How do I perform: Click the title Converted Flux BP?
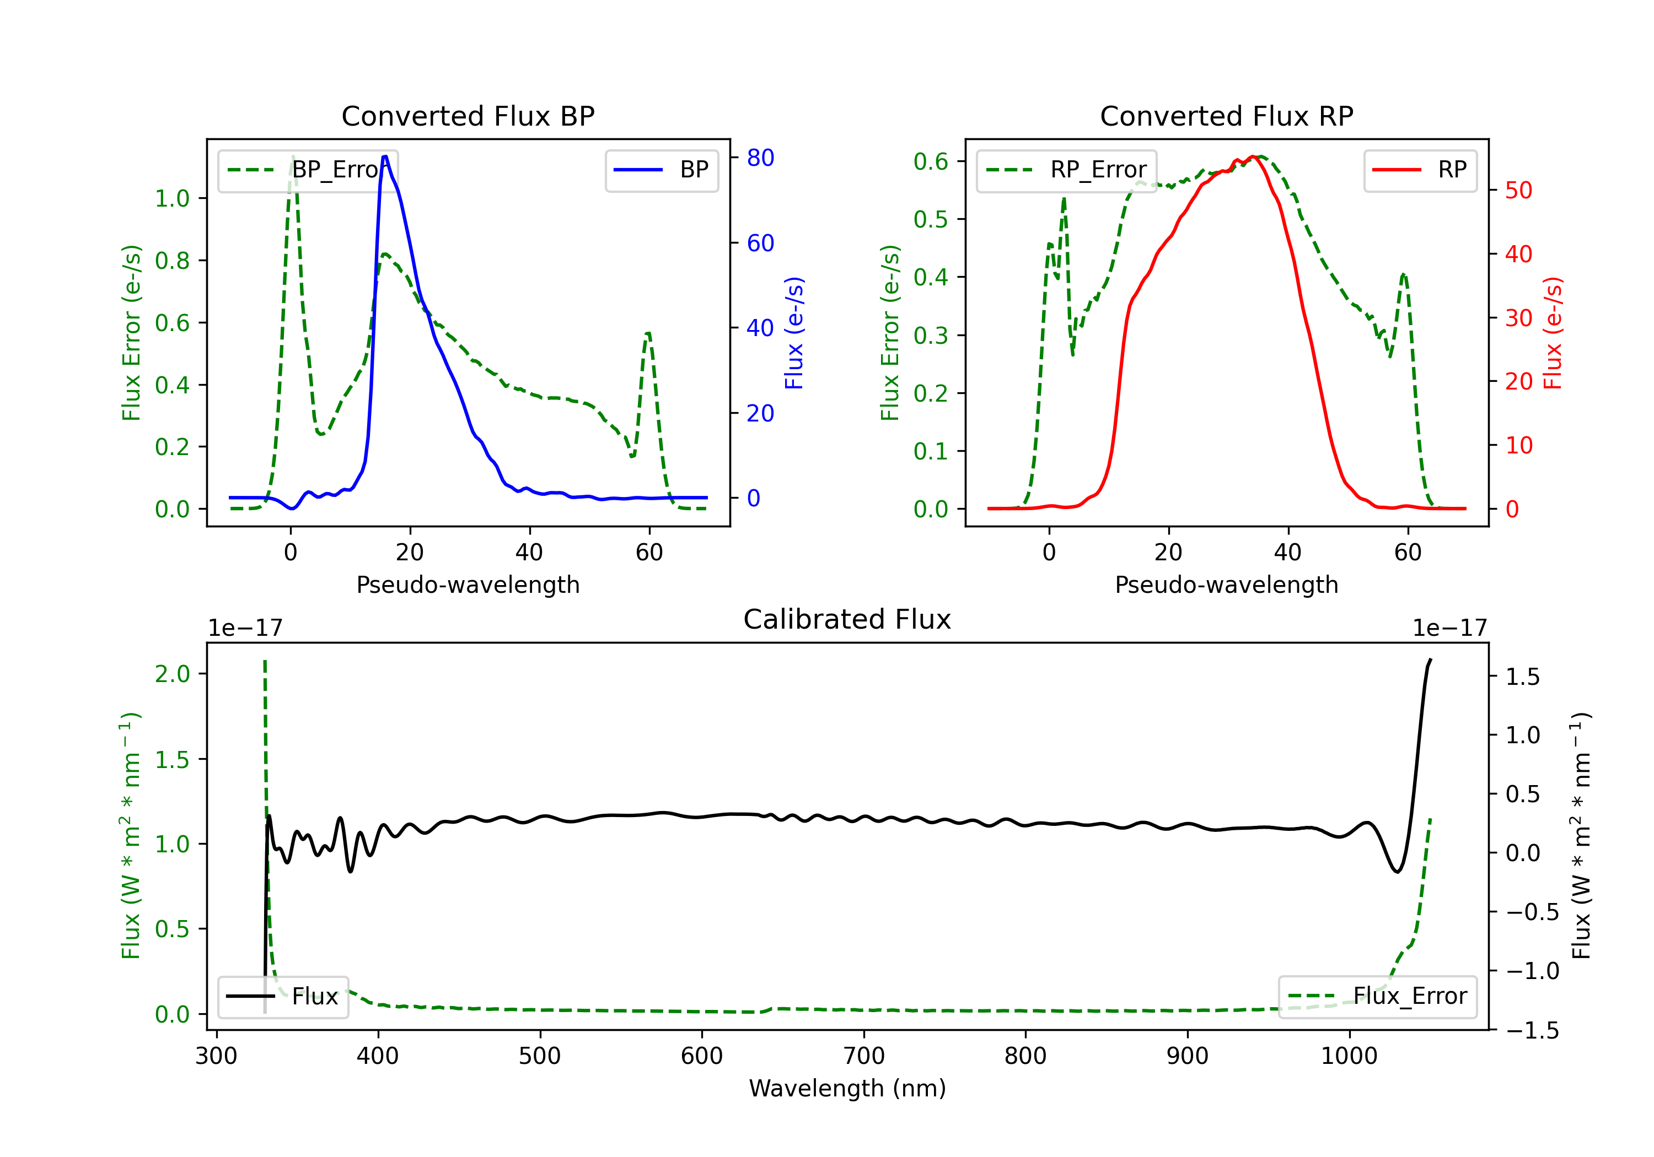click(468, 116)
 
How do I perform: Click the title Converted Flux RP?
click(1227, 116)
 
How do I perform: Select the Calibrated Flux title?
click(847, 619)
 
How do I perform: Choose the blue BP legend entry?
click(661, 170)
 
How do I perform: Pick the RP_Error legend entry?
click(1066, 170)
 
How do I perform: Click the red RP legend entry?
click(1420, 170)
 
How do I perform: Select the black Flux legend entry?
click(282, 997)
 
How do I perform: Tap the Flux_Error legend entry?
click(1377, 997)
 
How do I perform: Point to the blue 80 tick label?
click(760, 158)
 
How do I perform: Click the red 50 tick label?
click(1518, 191)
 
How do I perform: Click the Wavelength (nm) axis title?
click(847, 1088)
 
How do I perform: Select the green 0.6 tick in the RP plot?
click(931, 161)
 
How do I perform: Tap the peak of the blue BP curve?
click(385, 156)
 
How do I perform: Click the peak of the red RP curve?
click(1254, 157)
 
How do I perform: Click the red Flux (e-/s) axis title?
click(1553, 333)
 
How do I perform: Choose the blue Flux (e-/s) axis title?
click(794, 333)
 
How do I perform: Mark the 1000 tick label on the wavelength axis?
click(1349, 1056)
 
